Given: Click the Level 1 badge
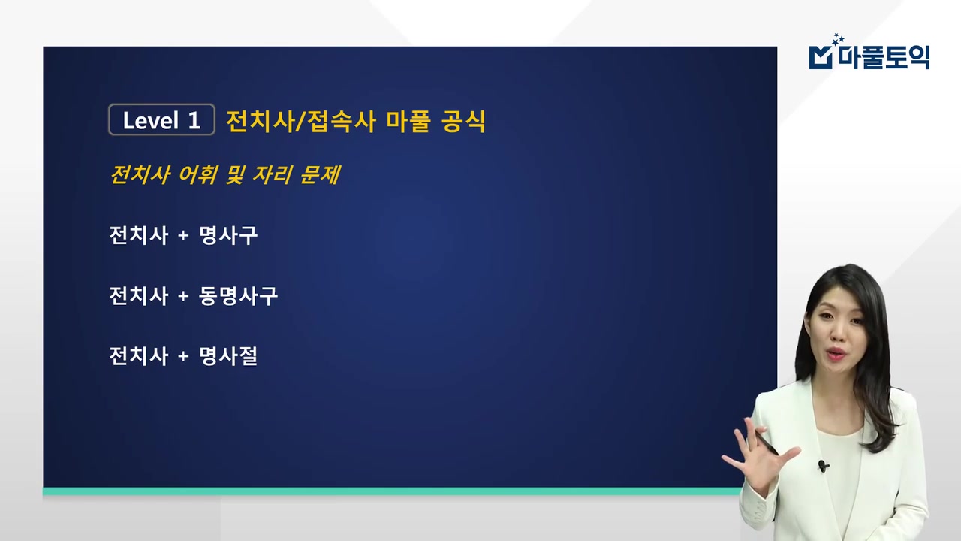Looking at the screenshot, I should click(161, 120).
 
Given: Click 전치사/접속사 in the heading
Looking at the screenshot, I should click(300, 120).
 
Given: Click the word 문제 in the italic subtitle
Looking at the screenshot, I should click(318, 175).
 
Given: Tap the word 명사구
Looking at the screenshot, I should click(228, 236).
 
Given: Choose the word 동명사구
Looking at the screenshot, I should click(238, 296).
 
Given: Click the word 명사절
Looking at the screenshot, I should click(228, 356).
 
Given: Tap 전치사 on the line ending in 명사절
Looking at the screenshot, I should click(138, 356).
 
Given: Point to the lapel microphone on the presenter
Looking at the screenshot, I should click(823, 466).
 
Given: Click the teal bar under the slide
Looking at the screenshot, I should click(390, 491).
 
